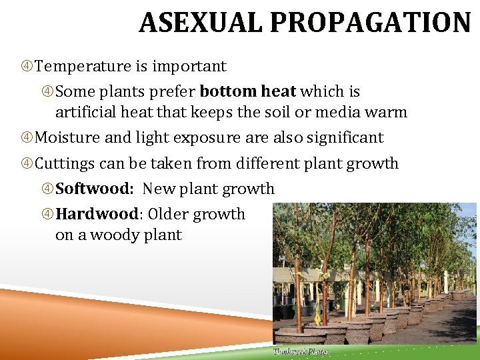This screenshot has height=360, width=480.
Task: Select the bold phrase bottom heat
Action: point(247,91)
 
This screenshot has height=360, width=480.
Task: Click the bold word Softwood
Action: point(93,189)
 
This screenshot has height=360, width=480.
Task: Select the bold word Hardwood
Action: point(97,215)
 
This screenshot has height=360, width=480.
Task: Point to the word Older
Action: point(170,215)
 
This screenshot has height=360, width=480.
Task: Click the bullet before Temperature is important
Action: point(27,67)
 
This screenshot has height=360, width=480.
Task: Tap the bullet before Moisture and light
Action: point(27,138)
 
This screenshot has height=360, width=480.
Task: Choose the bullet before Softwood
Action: point(48,189)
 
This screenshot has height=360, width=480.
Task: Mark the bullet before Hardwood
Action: point(48,215)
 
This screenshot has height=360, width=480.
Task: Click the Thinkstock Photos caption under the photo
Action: point(301,351)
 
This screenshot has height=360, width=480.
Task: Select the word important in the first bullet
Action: point(189,67)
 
